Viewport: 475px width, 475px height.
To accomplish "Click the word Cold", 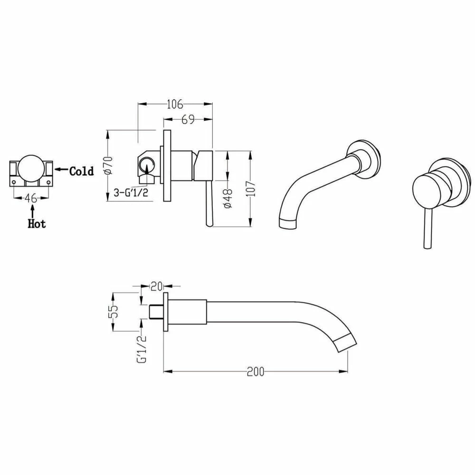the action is tap(82, 171).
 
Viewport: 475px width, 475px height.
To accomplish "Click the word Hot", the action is tap(37, 224).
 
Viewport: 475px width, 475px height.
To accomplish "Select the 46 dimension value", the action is tap(31, 198).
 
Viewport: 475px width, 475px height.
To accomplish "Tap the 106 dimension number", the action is tap(175, 104).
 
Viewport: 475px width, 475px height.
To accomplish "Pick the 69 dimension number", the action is tap(188, 119).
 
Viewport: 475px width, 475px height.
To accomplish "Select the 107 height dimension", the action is tap(250, 189).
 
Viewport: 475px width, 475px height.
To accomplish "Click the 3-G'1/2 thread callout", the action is tap(131, 192).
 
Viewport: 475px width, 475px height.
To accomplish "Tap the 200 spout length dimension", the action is tap(256, 371).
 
